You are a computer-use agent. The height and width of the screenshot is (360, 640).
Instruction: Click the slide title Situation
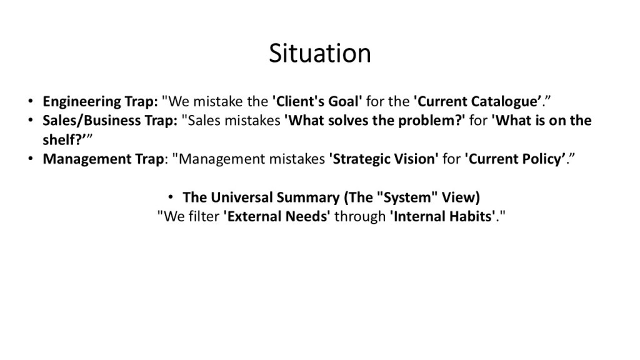(x=320, y=53)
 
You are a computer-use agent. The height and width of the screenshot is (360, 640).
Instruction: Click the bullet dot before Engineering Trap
(x=30, y=101)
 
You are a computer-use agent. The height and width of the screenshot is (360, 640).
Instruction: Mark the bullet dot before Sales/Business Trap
(x=30, y=119)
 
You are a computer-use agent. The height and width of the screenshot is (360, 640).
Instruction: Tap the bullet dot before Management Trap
(x=30, y=158)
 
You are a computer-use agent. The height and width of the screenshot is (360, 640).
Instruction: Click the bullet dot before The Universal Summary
(x=171, y=197)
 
